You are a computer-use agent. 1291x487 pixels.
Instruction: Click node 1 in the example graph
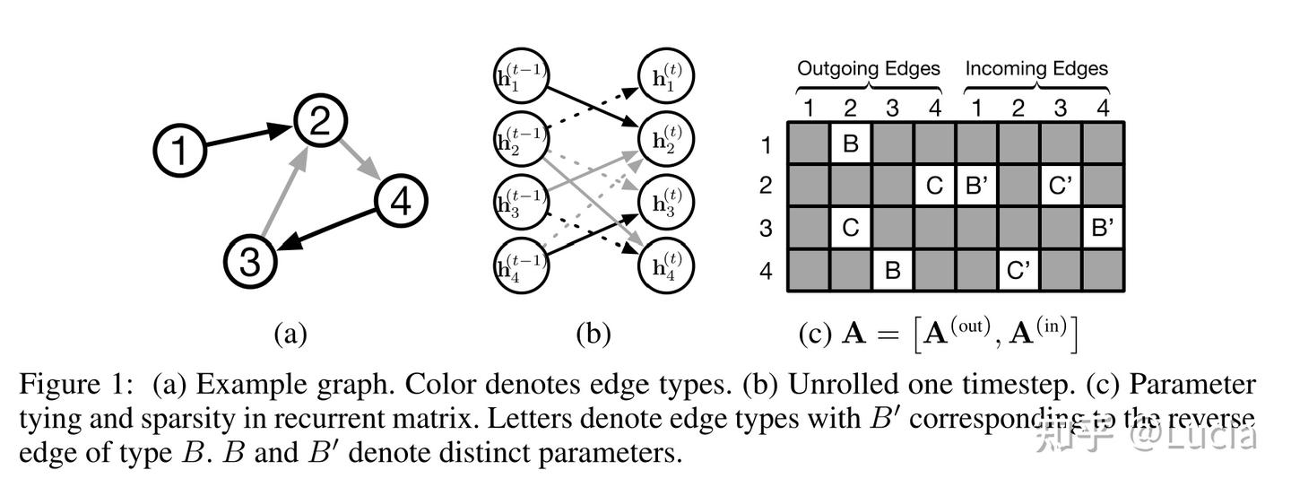(x=180, y=149)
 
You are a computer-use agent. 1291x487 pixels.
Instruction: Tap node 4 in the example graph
(x=401, y=203)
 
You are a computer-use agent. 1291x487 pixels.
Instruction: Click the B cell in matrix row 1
(x=851, y=143)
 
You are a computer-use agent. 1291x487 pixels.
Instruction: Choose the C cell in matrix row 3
(x=851, y=228)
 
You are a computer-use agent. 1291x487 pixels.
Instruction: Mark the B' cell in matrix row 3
(x=1103, y=228)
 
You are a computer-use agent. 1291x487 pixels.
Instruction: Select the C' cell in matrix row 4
(x=1018, y=270)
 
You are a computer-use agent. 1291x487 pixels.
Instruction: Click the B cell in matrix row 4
(x=893, y=270)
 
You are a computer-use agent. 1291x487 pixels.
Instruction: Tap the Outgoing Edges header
(x=869, y=68)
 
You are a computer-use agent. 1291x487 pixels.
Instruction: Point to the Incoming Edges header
(x=1036, y=68)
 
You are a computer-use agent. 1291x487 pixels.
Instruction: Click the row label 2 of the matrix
(x=766, y=186)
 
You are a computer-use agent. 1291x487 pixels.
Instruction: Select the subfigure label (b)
(x=593, y=334)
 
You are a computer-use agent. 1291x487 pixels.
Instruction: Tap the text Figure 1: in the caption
(x=77, y=385)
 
